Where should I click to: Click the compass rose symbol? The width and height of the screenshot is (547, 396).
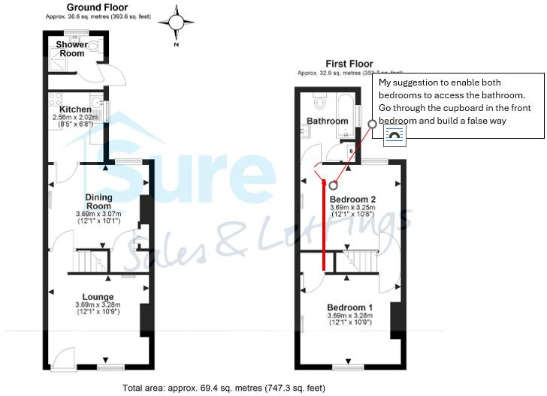177,23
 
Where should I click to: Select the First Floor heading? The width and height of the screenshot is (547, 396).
349,64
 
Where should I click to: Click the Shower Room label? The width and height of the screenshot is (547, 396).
71,49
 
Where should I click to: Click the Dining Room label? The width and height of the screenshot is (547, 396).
98,201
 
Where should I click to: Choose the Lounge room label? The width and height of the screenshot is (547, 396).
98,297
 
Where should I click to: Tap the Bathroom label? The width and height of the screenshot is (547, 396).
328,121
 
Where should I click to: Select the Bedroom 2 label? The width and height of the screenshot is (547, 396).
352,199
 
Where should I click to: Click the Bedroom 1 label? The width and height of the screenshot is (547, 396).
349,307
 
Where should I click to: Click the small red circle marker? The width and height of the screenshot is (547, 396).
333,184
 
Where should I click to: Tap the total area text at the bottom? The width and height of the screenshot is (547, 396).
225,388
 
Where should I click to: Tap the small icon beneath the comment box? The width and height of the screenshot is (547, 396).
394,134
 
